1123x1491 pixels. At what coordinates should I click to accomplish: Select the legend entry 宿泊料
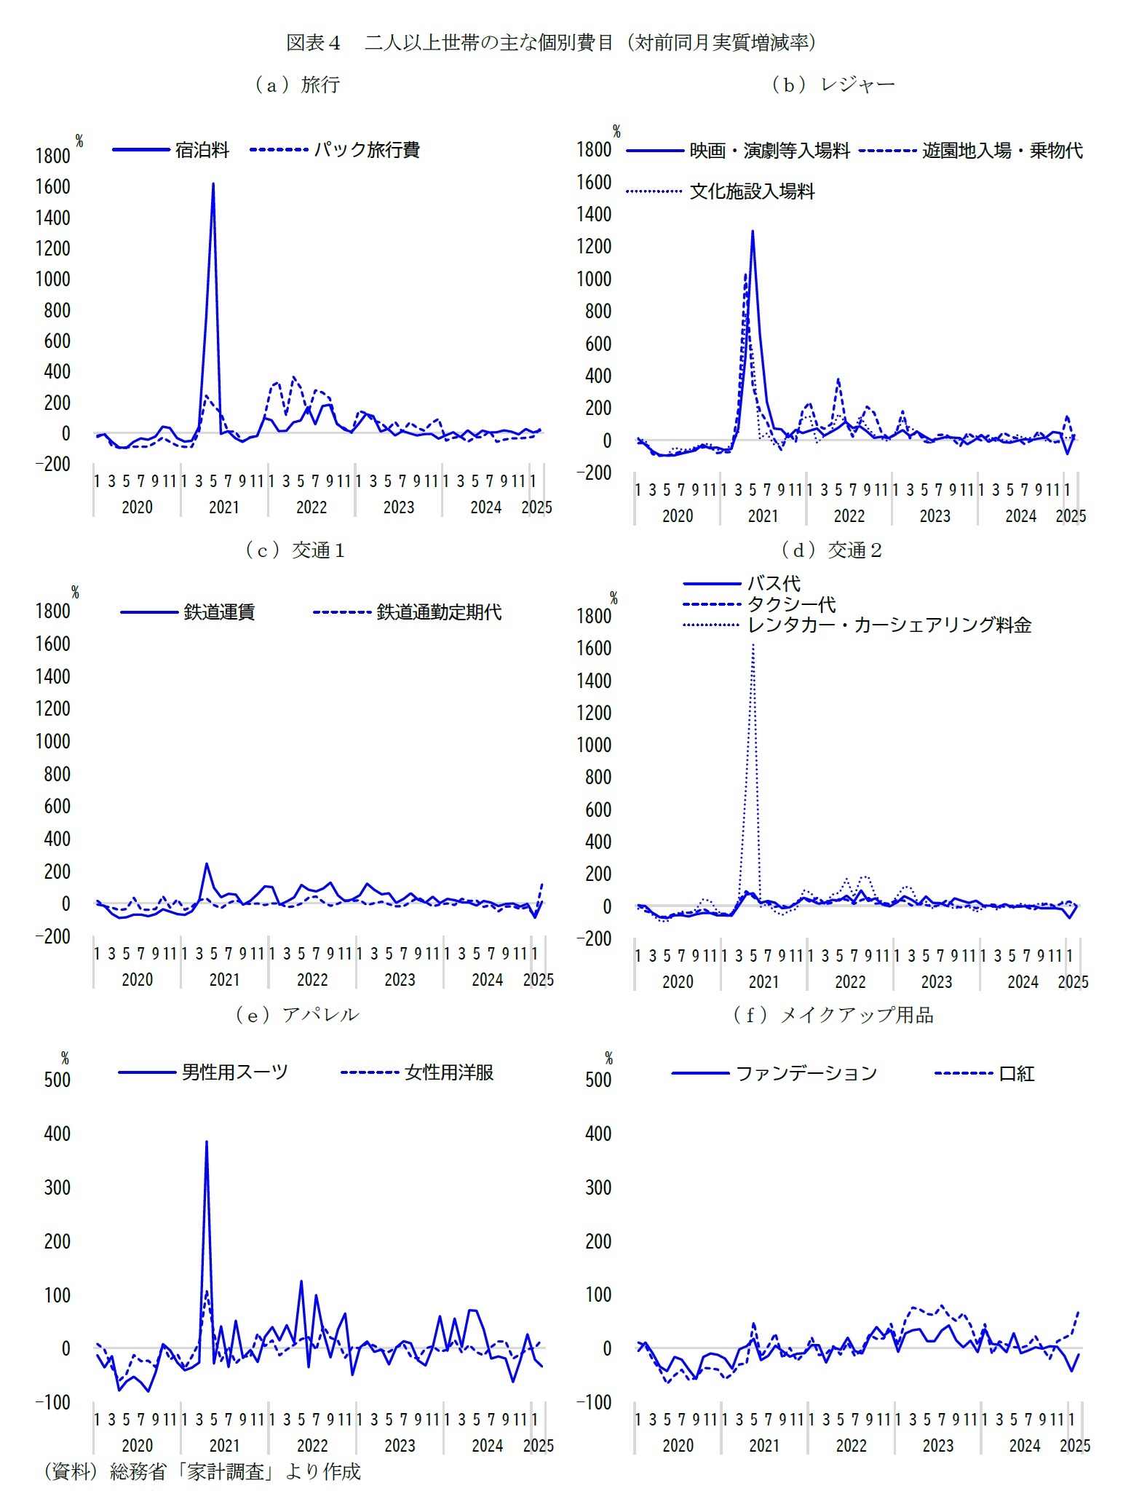202,150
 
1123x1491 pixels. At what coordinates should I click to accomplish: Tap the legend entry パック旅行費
366,150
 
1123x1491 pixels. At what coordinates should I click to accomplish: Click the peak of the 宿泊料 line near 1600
213,183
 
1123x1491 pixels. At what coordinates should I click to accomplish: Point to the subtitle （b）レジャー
833,85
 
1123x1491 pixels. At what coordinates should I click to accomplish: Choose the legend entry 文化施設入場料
752,191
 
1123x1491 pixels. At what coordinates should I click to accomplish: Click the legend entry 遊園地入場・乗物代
1002,151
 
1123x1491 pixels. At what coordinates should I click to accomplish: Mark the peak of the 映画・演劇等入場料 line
752,232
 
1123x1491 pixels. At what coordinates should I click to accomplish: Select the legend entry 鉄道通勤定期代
439,612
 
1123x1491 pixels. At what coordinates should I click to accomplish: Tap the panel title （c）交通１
295,550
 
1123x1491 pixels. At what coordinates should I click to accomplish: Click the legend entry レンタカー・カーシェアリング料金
889,625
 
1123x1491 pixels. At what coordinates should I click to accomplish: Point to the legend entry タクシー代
791,604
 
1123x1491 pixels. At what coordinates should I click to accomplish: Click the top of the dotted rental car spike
753,645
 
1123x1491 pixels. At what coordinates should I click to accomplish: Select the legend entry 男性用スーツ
234,1072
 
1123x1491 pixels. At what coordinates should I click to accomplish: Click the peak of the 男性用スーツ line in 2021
207,1142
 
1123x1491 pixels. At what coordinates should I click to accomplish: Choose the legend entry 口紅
1016,1073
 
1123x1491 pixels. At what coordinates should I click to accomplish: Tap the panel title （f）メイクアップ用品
833,1015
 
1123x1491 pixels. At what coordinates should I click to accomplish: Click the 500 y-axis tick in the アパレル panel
57,1080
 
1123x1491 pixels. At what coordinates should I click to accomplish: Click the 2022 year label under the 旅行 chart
311,507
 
